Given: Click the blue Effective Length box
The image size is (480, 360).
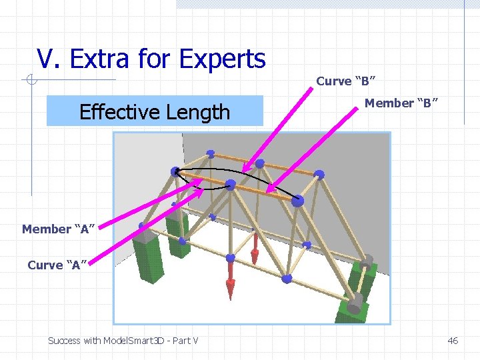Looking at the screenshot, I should [x=154, y=111].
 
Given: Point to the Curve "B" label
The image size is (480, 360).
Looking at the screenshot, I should [x=345, y=81].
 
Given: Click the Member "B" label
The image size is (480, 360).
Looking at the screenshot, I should [x=401, y=103].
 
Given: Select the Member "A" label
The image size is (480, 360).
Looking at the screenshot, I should [x=56, y=229].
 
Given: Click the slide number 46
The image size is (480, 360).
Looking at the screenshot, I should [x=453, y=341].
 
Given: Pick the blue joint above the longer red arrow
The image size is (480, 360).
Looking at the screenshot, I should [x=231, y=258].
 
